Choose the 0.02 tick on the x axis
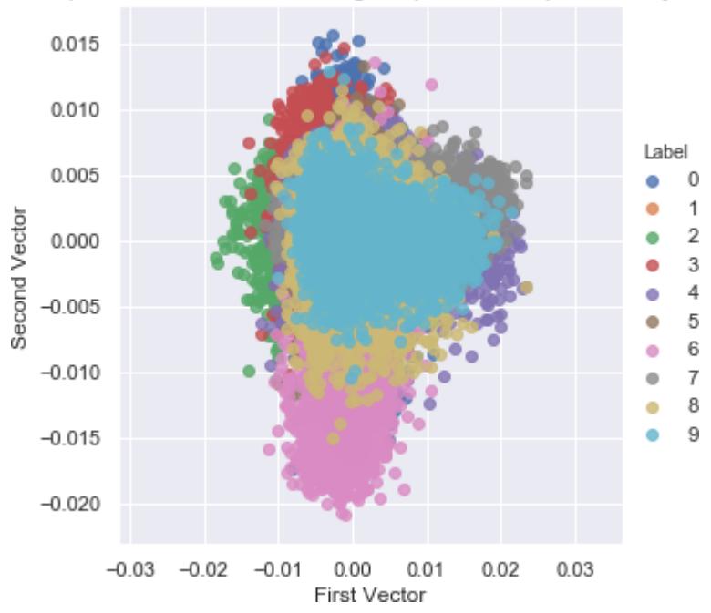(500, 569)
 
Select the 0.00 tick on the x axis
(352, 569)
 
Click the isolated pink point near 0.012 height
(431, 85)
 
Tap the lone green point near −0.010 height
(249, 371)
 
